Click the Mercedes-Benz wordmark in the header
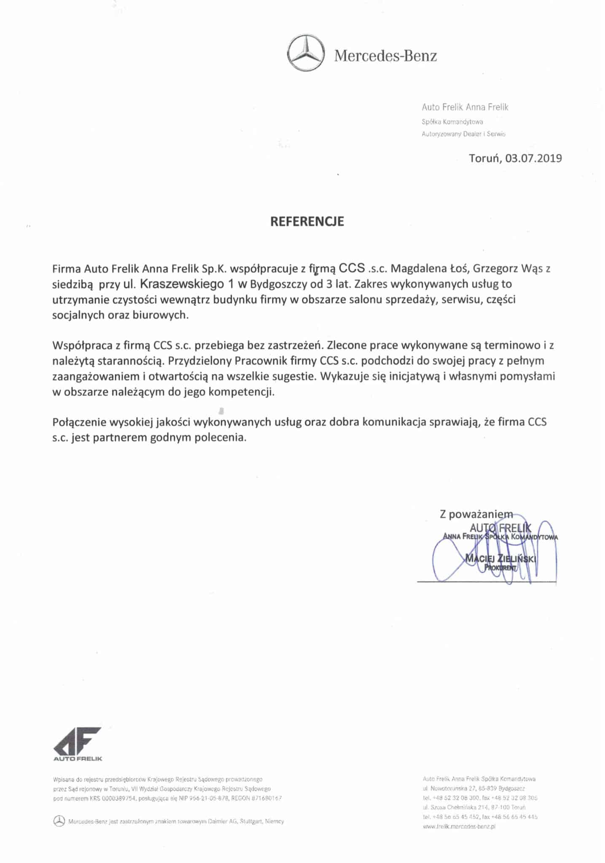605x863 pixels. [385, 56]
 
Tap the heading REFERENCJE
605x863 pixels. [307, 222]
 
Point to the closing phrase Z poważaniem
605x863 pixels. [476, 514]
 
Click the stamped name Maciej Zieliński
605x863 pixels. [500, 559]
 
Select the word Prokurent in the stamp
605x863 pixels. [500, 568]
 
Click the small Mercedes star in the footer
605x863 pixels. [59, 821]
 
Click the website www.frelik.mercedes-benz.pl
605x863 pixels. [459, 827]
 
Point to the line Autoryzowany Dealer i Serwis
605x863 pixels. [463, 134]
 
